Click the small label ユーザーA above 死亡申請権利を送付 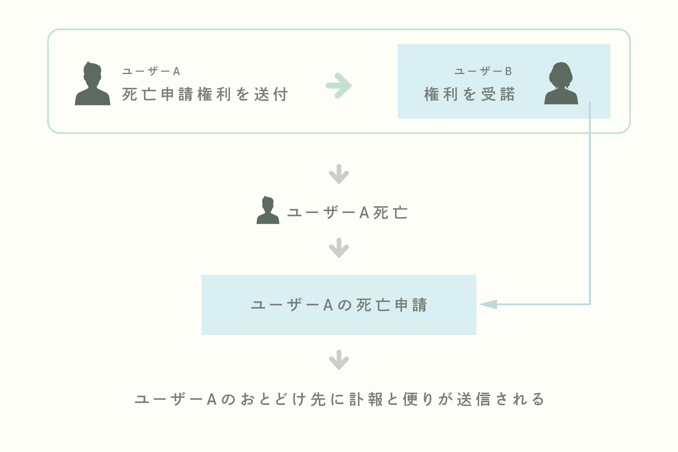point(151,71)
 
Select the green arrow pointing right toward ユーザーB point(339,86)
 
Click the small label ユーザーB point(483,71)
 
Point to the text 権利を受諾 point(470,94)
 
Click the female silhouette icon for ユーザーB point(561,83)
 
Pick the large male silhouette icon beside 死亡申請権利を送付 point(93,84)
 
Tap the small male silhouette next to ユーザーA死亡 point(268,210)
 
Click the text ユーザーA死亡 point(348,213)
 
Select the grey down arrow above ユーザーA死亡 point(339,174)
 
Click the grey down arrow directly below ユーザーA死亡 point(339,248)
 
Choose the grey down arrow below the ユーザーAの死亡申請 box point(339,360)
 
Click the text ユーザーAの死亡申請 point(339,305)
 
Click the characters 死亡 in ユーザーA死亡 point(390,213)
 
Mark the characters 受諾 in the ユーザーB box point(498,94)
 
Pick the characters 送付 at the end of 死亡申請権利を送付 point(271,94)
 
